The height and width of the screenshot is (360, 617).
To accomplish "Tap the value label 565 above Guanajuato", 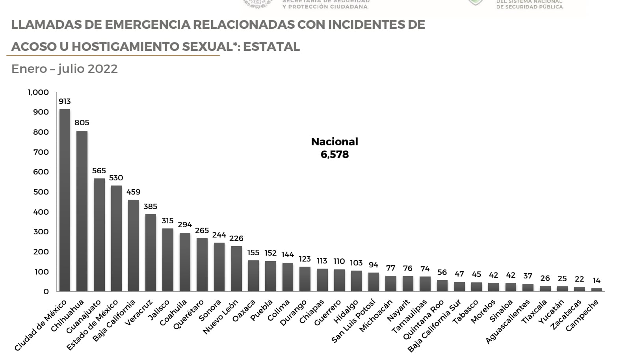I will [x=99, y=171].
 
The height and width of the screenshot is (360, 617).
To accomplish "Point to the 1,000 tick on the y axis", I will [x=38, y=92].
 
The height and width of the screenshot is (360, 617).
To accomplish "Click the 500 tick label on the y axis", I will [x=41, y=192].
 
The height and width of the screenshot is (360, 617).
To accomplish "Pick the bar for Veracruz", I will [x=151, y=252].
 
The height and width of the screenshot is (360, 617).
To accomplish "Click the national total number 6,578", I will [x=335, y=154].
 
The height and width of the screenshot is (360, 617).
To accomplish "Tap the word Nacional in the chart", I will [x=335, y=141].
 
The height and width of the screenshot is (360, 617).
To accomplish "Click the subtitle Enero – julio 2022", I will [x=65, y=69].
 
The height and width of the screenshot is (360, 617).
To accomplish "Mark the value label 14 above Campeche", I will [x=597, y=280].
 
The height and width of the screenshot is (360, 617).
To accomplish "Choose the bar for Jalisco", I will [x=168, y=260].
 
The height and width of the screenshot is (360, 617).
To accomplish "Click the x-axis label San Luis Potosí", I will [x=353, y=321].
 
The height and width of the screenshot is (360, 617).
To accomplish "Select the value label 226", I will [x=236, y=238].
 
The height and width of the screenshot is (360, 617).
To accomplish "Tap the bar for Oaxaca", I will [x=253, y=275].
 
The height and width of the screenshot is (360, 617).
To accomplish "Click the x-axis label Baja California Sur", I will [x=434, y=326].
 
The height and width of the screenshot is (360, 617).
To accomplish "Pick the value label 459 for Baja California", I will [x=134, y=192].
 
